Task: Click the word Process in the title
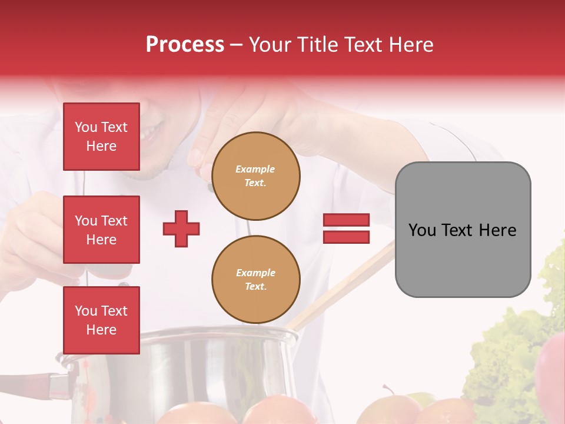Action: pyautogui.click(x=185, y=45)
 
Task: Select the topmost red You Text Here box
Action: pyautogui.click(x=101, y=137)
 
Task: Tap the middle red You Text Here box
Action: pyautogui.click(x=101, y=230)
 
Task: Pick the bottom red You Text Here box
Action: pyautogui.click(x=101, y=320)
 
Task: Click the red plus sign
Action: pyautogui.click(x=181, y=229)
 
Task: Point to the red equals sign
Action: pyautogui.click(x=346, y=228)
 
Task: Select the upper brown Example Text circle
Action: pyautogui.click(x=255, y=176)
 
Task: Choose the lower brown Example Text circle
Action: pyautogui.click(x=255, y=280)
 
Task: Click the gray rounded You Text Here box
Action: pyautogui.click(x=463, y=230)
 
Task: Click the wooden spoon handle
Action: pyautogui.click(x=347, y=283)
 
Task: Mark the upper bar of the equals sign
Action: pyautogui.click(x=346, y=220)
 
